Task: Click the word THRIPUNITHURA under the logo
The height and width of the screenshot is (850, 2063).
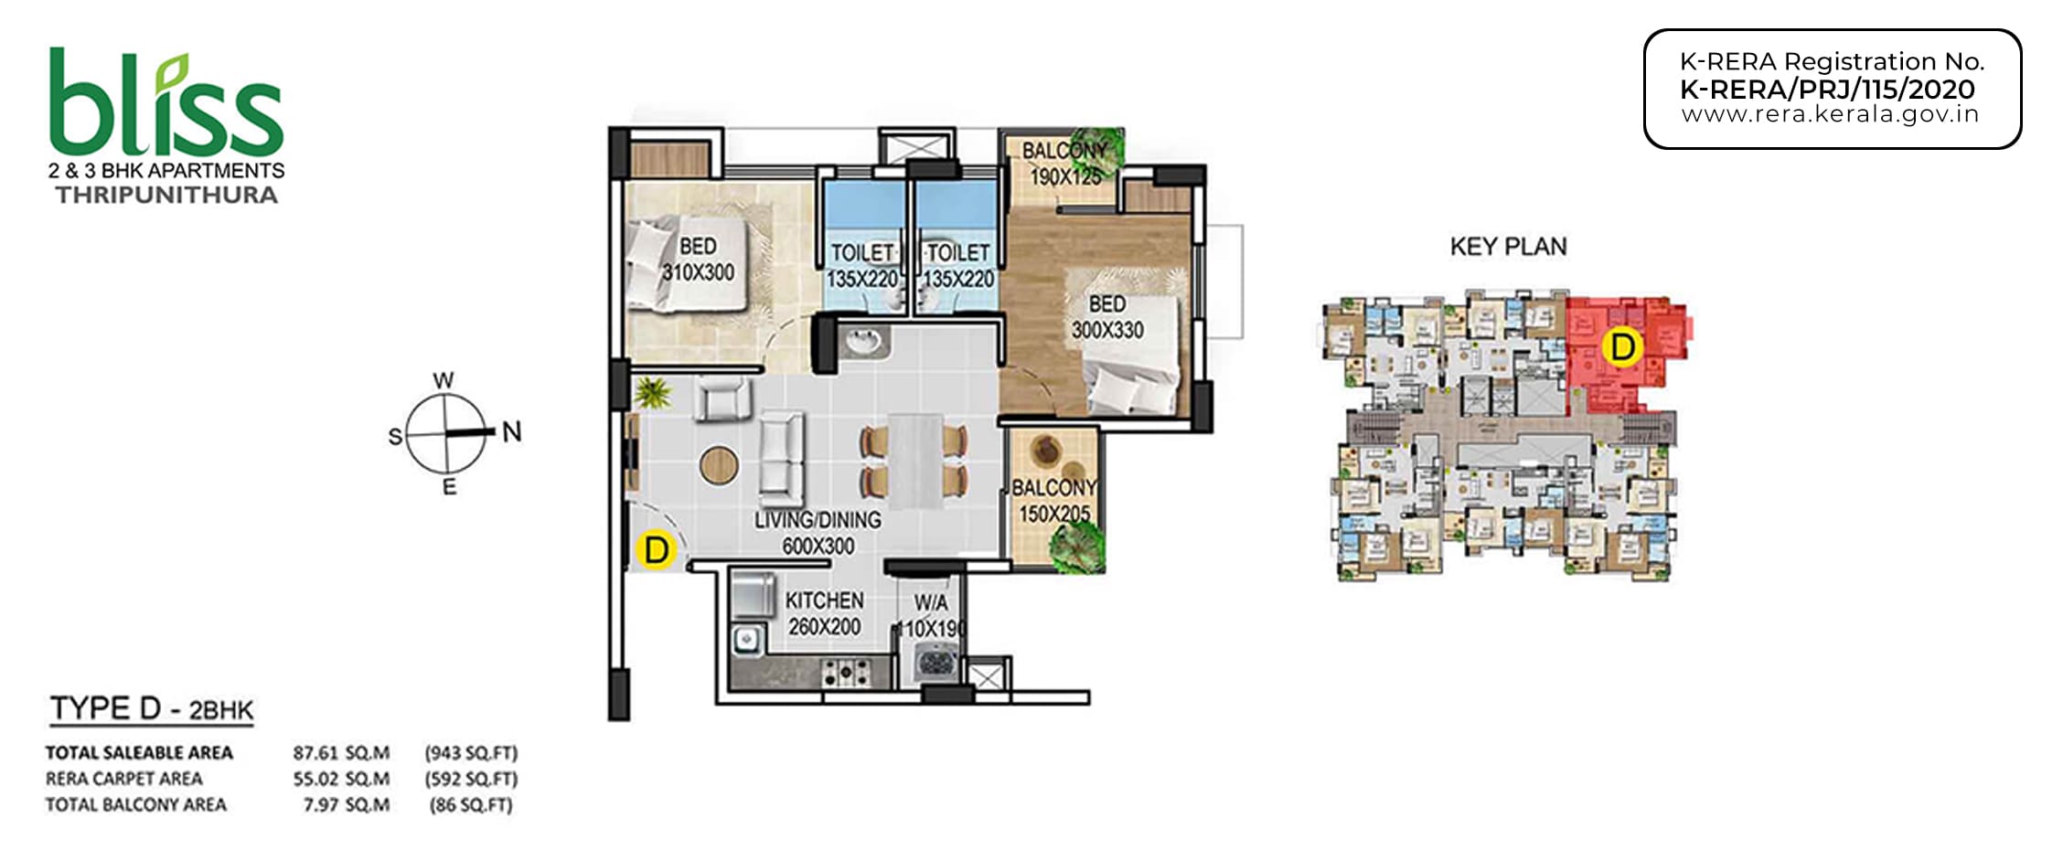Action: point(166,195)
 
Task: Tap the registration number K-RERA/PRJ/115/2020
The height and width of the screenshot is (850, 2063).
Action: point(1827,90)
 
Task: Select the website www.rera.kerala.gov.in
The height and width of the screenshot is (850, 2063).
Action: point(1830,115)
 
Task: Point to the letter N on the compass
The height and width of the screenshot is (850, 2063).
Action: point(512,431)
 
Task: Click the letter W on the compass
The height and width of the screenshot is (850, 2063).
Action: point(444,380)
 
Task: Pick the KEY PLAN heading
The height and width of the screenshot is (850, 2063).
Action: point(1508,246)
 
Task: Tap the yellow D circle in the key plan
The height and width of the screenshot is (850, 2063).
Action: point(1622,347)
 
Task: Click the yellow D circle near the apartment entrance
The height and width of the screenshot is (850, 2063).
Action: point(655,550)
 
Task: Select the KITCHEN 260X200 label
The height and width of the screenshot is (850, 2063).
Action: point(825,613)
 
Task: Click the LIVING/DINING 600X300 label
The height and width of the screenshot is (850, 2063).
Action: point(818,533)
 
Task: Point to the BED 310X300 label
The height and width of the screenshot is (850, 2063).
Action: point(698,260)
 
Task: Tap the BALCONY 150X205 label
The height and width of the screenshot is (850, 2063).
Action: point(1053,501)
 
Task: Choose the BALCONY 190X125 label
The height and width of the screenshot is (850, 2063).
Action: point(1064,163)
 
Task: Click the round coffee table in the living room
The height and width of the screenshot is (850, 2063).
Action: point(719,465)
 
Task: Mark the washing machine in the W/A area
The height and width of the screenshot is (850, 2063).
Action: point(935,661)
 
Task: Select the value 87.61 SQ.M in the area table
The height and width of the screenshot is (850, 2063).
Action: point(341,753)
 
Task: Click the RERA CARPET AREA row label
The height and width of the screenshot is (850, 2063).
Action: point(124,779)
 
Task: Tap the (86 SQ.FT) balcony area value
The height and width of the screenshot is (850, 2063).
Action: point(471,805)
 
